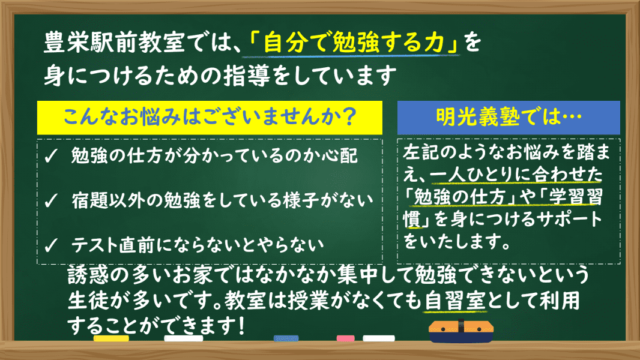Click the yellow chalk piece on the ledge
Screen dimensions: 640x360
pyautogui.click(x=111, y=338)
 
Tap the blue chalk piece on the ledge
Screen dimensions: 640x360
pyautogui.click(x=286, y=338)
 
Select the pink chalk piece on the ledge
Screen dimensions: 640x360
pyautogui.click(x=345, y=338)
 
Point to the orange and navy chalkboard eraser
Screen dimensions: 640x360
pyautogui.click(x=461, y=331)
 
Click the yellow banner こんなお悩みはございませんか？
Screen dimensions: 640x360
pyautogui.click(x=210, y=118)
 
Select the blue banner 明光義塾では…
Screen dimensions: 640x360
pyautogui.click(x=509, y=118)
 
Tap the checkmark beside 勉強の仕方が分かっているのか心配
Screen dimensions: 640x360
pyautogui.click(x=51, y=156)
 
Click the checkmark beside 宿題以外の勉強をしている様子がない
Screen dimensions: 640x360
pyautogui.click(x=51, y=200)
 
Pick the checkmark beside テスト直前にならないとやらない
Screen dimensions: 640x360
pyautogui.click(x=51, y=245)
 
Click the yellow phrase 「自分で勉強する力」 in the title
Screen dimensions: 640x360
pyautogui.click(x=354, y=43)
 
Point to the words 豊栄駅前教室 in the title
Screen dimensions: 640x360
pyautogui.click(x=115, y=43)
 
